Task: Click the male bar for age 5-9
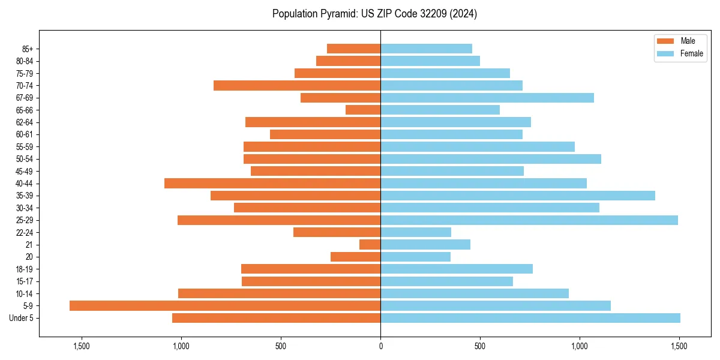[x=225, y=305]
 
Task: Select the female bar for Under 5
[x=530, y=318]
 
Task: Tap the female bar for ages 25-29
[x=529, y=220]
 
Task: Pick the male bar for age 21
[x=370, y=244]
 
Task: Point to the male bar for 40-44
[x=272, y=183]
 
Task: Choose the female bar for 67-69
[x=487, y=98]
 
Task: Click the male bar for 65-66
[x=363, y=110]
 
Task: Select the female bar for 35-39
[x=518, y=196]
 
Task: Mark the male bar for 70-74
[x=297, y=85]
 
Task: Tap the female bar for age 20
[x=415, y=257]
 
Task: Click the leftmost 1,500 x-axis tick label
[x=81, y=346]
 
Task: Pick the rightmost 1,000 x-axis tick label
[x=580, y=346]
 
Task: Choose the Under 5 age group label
[x=22, y=318]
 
